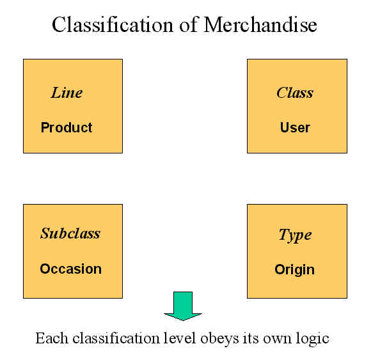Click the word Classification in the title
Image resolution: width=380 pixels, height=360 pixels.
point(113,25)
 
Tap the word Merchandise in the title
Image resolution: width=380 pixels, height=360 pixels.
point(260,25)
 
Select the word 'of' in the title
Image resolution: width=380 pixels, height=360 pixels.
point(189,25)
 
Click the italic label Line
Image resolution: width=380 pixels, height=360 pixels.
point(67,93)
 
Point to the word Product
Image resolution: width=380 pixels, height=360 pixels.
point(67,127)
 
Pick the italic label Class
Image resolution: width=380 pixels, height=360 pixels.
point(295,93)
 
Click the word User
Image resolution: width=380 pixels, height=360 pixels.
point(295,127)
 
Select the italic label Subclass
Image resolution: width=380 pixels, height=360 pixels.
point(70,233)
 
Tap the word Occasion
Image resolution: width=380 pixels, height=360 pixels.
point(71,269)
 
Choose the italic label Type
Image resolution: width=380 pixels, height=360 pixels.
point(295,235)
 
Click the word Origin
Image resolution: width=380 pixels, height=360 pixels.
point(295,270)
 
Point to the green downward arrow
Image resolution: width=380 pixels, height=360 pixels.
point(183,306)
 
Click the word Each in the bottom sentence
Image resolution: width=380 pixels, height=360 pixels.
point(52,338)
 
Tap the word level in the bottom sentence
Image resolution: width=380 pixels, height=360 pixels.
point(179,338)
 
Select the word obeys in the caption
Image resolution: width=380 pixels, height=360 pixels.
point(219,339)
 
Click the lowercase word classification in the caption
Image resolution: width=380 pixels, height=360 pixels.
point(116,338)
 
